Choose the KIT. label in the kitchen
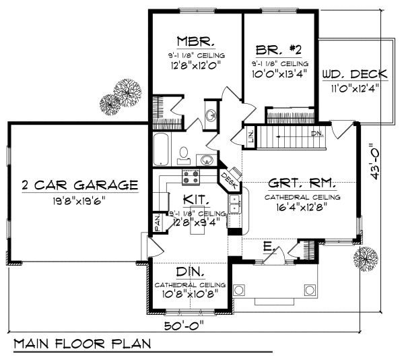click(196, 200)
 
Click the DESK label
click(228, 180)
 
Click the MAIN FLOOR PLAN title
click(82, 343)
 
